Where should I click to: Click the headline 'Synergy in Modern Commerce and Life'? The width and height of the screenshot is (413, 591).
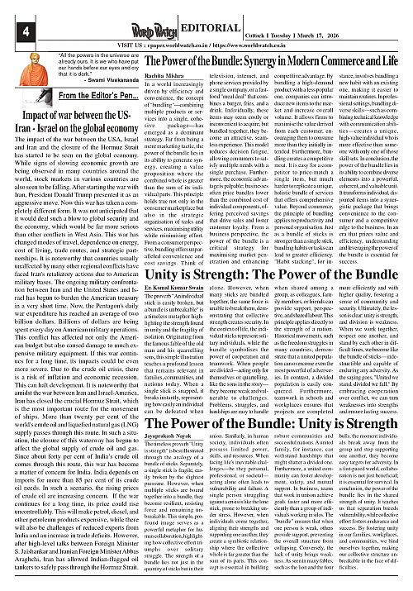(318, 65)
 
